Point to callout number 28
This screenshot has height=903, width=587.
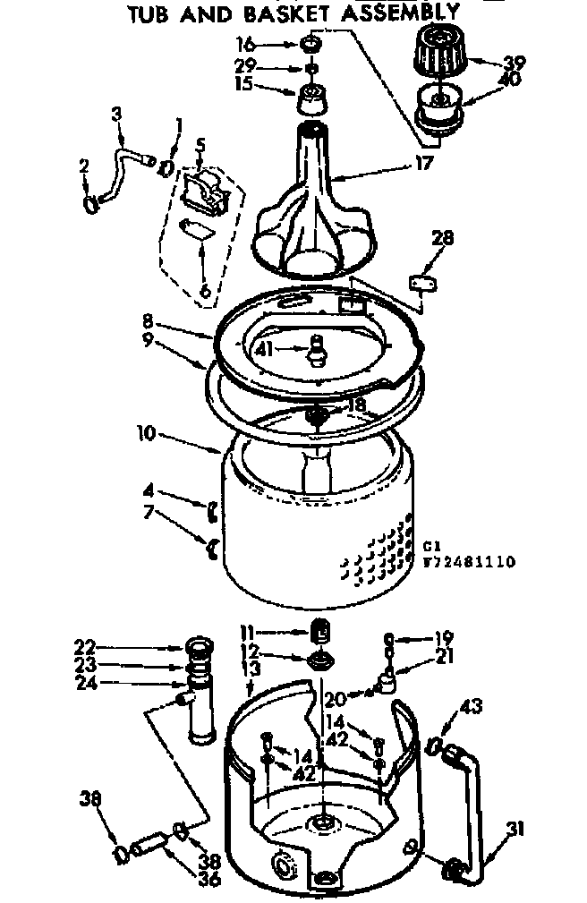442,238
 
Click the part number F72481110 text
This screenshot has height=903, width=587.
468,562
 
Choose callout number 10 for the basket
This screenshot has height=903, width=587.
146,433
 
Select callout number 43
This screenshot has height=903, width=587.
470,708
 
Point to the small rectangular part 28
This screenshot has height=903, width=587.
421,283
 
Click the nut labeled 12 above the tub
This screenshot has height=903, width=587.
319,661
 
